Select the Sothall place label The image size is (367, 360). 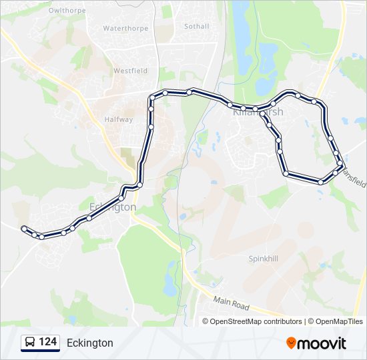point(196,27)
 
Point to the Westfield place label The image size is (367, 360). point(130,71)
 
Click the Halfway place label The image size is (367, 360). point(118,120)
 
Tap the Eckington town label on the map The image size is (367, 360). point(112,207)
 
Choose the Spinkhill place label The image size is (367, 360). point(263,258)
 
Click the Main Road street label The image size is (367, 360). point(232,305)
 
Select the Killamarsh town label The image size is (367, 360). point(258,112)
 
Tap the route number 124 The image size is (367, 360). point(48,342)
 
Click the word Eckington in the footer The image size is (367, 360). point(90,343)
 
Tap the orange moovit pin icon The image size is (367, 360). point(292,343)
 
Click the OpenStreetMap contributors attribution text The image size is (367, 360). point(256,321)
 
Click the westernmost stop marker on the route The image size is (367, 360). point(24,229)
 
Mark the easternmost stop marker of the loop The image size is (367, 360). point(341,163)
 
